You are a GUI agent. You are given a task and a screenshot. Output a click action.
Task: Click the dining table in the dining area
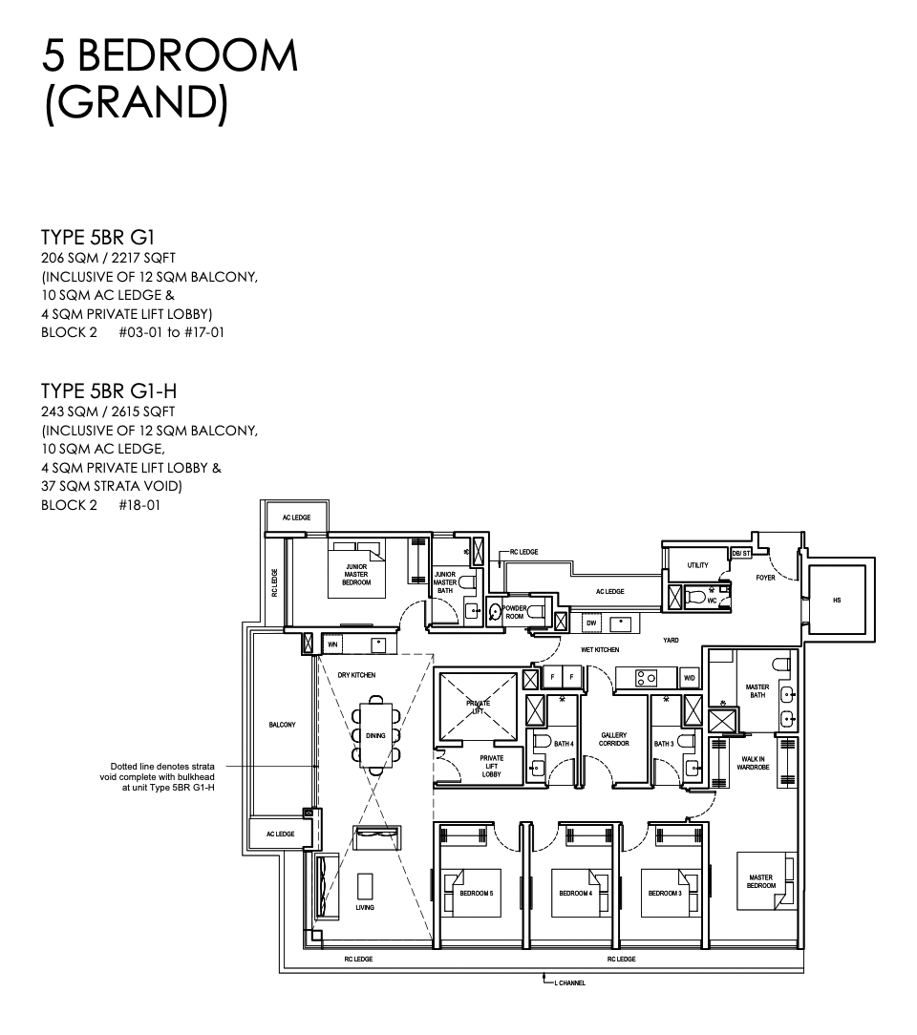[375, 735]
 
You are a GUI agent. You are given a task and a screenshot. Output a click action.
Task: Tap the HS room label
[837, 600]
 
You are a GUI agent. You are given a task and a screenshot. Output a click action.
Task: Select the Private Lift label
[478, 707]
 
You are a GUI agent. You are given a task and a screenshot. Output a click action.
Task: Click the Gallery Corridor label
[613, 739]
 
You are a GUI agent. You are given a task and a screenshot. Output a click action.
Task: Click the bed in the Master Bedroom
[765, 879]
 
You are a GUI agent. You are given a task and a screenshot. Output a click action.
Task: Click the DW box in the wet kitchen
[591, 623]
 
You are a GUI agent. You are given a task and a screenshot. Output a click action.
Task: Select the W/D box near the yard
[690, 678]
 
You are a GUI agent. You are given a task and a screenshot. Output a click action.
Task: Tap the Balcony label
[283, 725]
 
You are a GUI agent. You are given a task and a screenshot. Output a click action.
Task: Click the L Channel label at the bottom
[569, 982]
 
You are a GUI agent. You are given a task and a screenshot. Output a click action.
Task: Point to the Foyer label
[766, 578]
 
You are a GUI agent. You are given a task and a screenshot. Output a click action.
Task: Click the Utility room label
[698, 565]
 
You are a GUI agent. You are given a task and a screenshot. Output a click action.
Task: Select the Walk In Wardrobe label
[753, 763]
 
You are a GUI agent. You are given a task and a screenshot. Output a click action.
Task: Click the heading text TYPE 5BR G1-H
[109, 391]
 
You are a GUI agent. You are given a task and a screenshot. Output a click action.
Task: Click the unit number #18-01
[140, 506]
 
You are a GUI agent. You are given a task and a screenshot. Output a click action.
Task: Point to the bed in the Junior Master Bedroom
[356, 569]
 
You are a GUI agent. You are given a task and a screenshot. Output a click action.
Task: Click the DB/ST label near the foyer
[741, 553]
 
